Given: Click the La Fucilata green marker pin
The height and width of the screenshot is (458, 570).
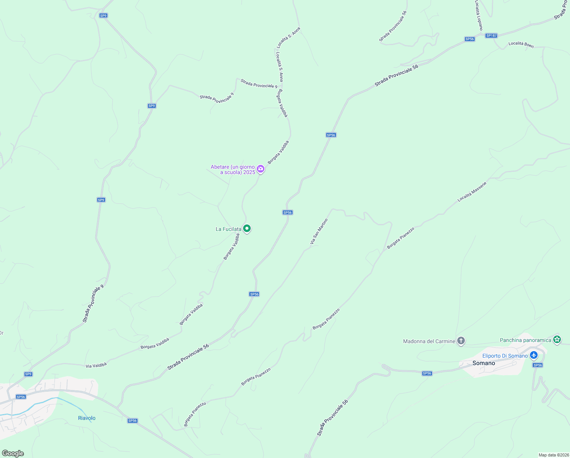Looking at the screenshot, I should coord(247,229).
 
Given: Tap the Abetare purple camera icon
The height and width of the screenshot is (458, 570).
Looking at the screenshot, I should coord(261,169).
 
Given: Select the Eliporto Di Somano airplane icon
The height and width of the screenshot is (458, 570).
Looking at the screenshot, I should coord(534,356).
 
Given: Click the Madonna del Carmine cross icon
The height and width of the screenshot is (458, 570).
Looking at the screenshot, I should coord(461,341).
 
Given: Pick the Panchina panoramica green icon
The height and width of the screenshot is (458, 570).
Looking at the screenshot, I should coord(557,339).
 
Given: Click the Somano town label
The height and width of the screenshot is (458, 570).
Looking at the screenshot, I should coord(484,363).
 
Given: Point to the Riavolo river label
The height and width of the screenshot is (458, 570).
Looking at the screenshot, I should coord(86,418).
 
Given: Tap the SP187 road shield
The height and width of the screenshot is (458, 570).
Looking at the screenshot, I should coord(491,35).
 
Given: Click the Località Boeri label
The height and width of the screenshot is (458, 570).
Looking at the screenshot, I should coord(521,45).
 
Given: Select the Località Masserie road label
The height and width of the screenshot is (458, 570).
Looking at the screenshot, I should coord(472,192).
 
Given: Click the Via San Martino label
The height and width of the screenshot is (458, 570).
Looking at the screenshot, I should coord(319,231).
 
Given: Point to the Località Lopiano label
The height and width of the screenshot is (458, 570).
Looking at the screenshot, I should coord(479,15).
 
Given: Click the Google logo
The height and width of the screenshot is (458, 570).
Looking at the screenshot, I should coord(13,453).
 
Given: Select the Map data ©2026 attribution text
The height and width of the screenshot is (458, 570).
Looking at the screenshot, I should coord(553,455).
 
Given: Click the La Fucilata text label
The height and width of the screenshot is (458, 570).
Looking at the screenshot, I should coord(228,229).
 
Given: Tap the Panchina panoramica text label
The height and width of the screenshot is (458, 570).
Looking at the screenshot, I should coord(525,340).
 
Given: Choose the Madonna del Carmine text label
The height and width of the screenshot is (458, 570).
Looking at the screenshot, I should coord(429,341).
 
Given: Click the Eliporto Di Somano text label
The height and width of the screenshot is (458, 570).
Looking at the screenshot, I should coord(505,356).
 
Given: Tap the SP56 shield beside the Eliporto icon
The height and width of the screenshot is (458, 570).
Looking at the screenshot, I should coord(537,365).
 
